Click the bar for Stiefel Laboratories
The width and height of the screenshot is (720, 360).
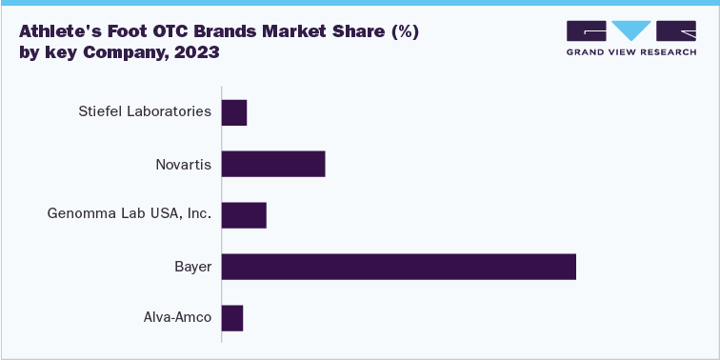[x=234, y=112]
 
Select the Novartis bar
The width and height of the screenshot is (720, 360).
[x=273, y=164]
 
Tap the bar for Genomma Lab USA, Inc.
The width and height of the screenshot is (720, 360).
[x=244, y=215]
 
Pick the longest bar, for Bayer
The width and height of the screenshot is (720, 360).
[x=399, y=267]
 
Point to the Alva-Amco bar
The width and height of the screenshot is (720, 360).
[x=232, y=318]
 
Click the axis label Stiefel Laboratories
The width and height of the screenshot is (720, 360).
[x=145, y=112]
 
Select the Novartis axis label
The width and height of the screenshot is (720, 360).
[x=183, y=164]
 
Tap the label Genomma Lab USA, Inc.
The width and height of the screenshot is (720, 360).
[x=130, y=215]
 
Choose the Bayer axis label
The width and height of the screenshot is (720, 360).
[x=192, y=267]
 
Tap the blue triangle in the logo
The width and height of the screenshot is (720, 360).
[x=630, y=30]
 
